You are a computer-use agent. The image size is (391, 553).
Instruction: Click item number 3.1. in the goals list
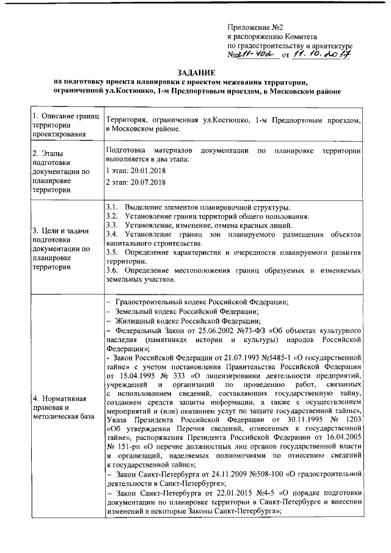(x=111, y=208)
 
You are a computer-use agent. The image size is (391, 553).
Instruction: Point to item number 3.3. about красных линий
(x=111, y=225)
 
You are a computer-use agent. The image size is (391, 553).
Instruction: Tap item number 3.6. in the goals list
(x=111, y=271)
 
